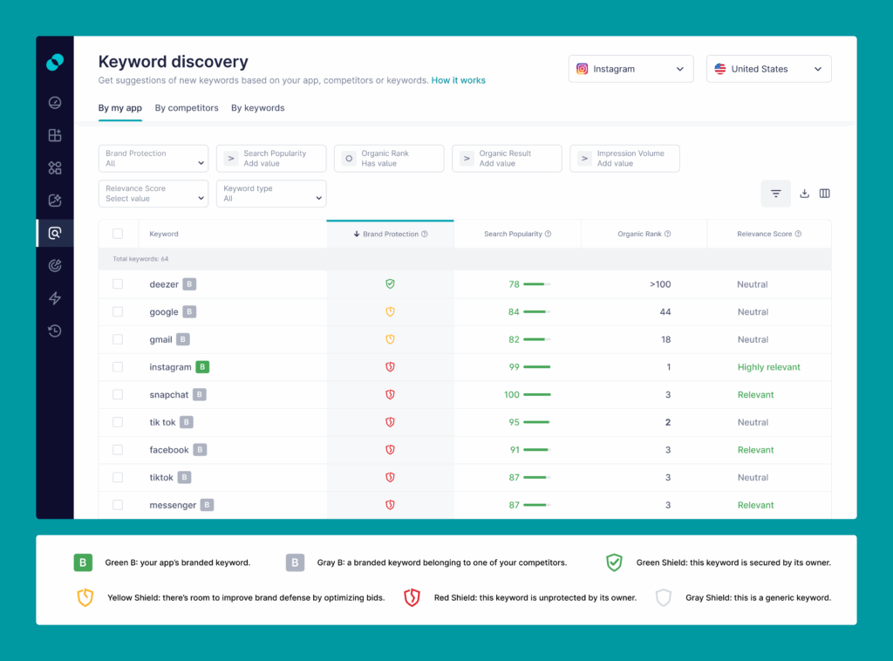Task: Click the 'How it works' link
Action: [458, 80]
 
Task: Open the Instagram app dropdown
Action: [631, 69]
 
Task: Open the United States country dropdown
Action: [768, 69]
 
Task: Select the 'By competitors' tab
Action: [187, 108]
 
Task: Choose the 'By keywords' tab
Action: [257, 108]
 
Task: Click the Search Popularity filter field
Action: [271, 159]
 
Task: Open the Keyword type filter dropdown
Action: [271, 194]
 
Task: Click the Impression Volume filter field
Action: [624, 159]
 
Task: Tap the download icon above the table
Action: [804, 194]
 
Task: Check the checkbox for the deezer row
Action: [118, 284]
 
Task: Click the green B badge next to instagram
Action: [202, 367]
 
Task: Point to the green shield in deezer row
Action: [391, 284]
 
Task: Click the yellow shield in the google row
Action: [391, 312]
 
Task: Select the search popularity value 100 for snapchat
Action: [512, 395]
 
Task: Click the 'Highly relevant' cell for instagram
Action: [768, 367]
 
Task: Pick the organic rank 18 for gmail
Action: [665, 339]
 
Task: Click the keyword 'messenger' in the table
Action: [173, 505]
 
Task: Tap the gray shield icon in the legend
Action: [664, 598]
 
